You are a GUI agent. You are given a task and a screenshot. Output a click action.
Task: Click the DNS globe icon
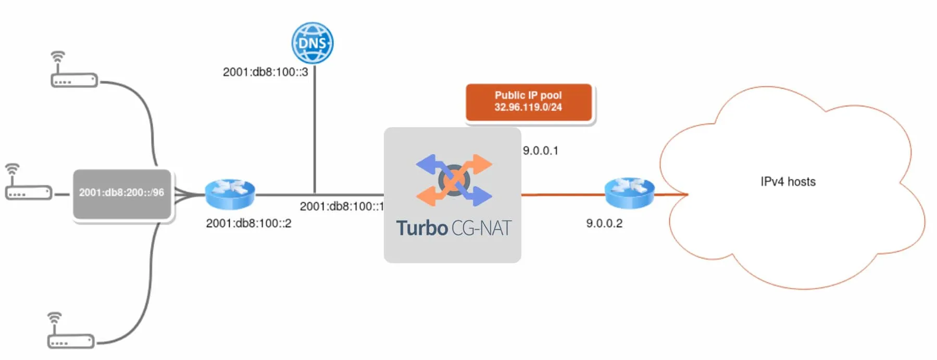point(313,43)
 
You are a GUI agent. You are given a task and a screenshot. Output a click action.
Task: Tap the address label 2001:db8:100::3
point(265,72)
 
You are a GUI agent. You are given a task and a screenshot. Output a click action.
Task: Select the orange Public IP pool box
point(529,102)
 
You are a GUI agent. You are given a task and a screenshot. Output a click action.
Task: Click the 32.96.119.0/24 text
point(528,107)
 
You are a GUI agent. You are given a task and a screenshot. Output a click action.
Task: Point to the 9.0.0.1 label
point(541,151)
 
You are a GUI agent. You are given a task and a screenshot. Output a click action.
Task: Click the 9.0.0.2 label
point(604,223)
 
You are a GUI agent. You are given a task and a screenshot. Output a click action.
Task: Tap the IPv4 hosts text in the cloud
point(788,182)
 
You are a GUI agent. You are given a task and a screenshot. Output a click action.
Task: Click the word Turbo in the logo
point(422,228)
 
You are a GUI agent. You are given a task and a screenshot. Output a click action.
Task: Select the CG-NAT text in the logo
point(481,228)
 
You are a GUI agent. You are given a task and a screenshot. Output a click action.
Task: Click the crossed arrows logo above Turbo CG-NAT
point(454,180)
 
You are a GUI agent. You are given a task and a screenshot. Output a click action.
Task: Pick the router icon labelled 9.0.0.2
point(629,193)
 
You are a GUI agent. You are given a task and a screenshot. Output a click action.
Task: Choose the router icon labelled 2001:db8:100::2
point(230,194)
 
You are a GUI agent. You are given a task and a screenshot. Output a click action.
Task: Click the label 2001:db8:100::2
point(248,223)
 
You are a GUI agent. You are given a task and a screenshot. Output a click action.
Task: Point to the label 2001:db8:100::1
point(341,206)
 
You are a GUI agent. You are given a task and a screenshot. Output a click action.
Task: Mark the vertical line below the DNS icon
point(315,130)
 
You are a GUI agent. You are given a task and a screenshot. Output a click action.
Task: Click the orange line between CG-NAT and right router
point(563,195)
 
